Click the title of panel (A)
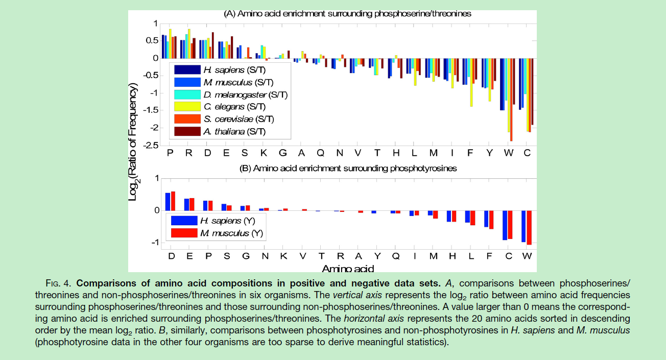click(347, 14)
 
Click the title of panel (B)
click(347, 167)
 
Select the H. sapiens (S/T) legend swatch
click(186, 69)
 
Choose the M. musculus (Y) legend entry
click(231, 233)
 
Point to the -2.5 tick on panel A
click(150, 146)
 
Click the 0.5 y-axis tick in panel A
click(152, 40)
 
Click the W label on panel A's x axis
click(509, 153)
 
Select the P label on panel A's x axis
click(170, 153)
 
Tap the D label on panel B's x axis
click(171, 256)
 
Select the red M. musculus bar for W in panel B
click(529, 228)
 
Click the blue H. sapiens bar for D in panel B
click(168, 202)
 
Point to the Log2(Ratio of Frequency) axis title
click(133, 143)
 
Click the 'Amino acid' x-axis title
click(347, 268)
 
